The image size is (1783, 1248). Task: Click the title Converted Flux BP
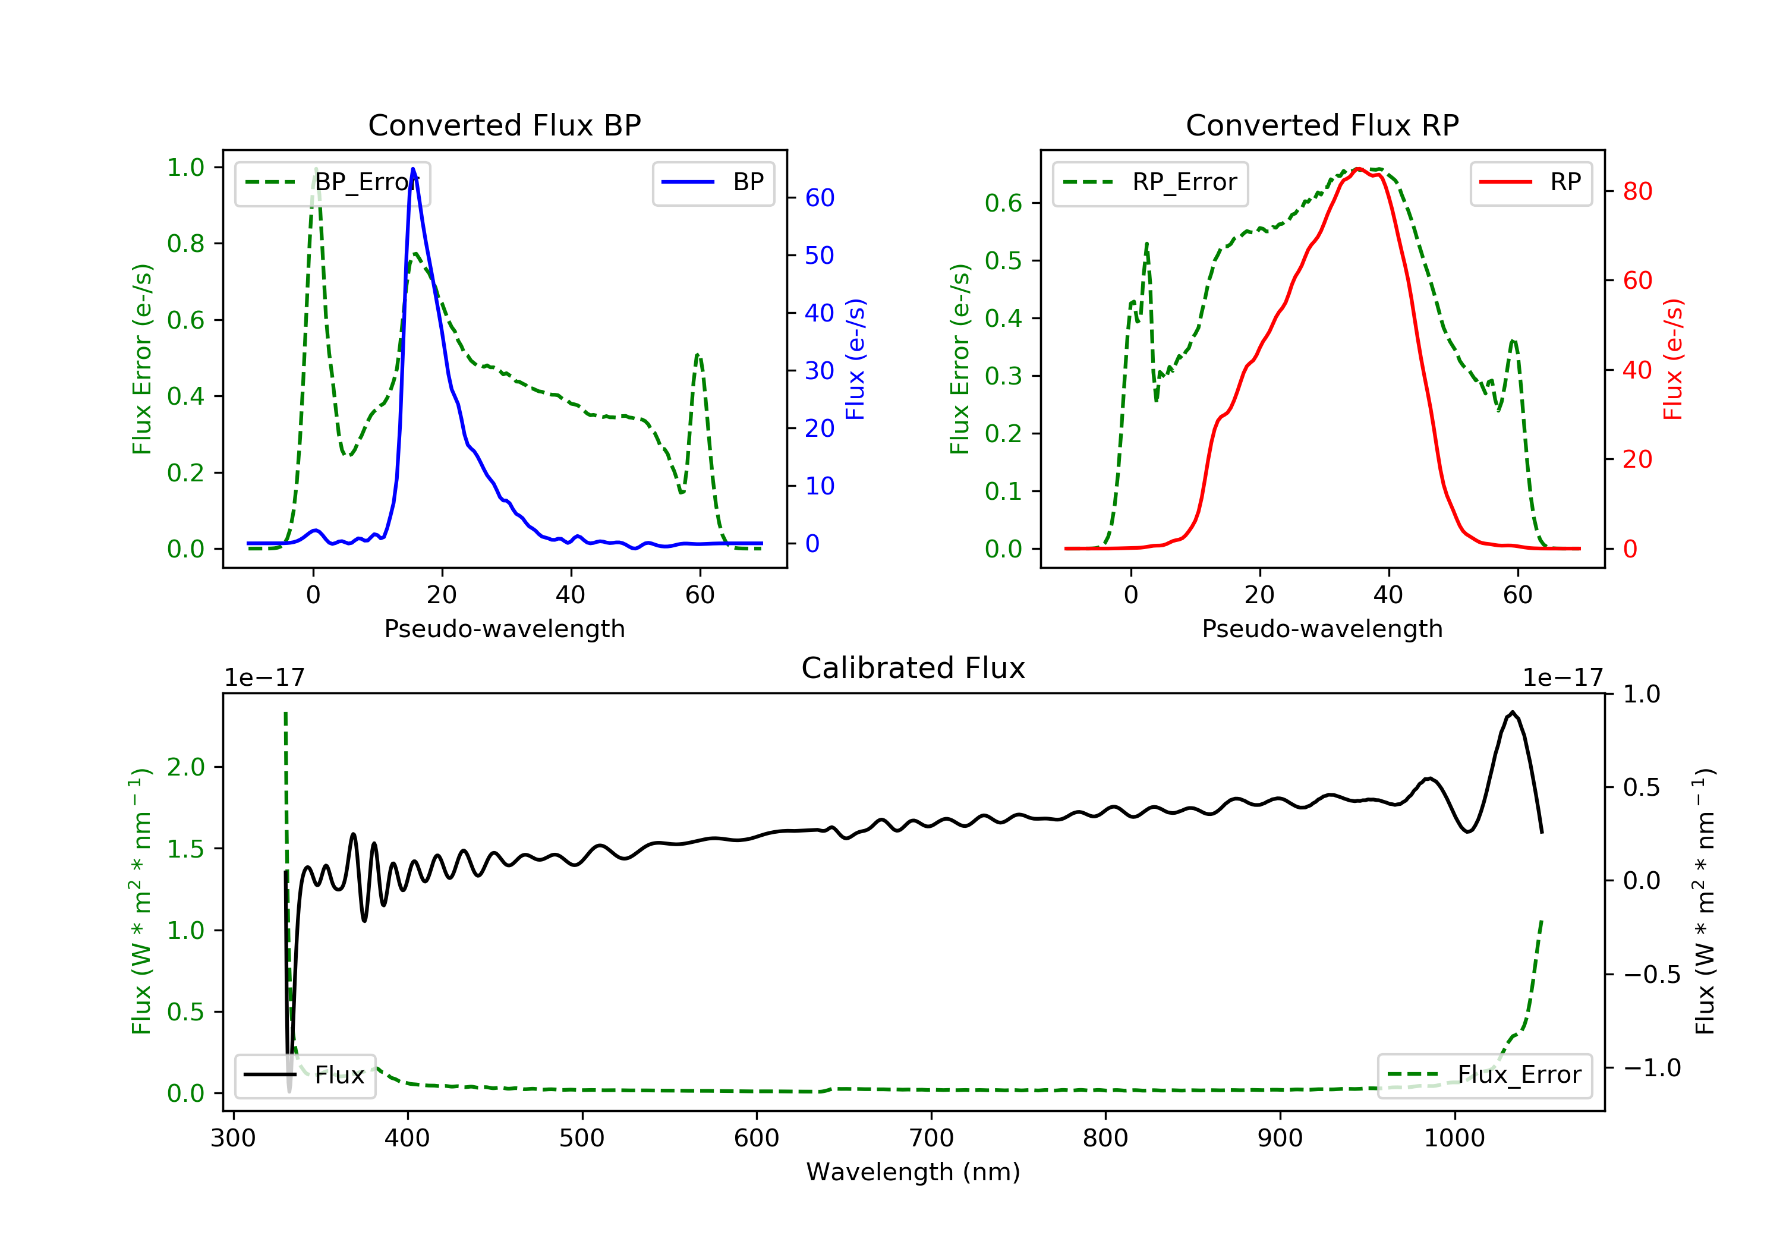pos(504,125)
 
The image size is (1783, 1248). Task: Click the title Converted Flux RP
pos(1322,125)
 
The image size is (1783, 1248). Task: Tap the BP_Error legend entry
pos(332,182)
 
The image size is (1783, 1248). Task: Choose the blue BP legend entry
pos(713,182)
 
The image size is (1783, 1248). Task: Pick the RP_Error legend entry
pos(1150,182)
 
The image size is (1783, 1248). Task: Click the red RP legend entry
pos(1530,182)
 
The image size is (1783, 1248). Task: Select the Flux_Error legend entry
pos(1484,1075)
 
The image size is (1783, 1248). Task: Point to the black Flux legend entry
pos(305,1075)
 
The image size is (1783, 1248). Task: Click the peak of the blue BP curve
pos(412,169)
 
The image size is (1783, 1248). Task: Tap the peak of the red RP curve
pos(1357,169)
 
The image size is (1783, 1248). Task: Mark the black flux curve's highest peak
pos(1512,712)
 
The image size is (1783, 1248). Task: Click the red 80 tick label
pos(1637,192)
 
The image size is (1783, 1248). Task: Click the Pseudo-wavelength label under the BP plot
pos(504,628)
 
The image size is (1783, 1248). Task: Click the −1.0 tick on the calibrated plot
pos(1651,1068)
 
